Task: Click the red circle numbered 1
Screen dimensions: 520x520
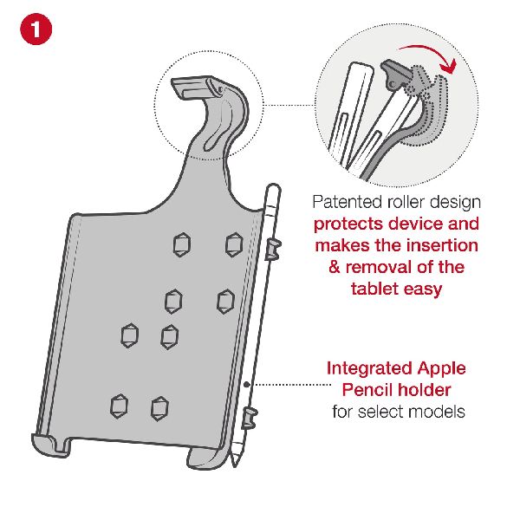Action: [36, 29]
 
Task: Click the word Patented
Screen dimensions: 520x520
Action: [348, 202]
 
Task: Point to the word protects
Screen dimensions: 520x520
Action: [348, 224]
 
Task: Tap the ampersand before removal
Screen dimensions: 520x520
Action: [335, 267]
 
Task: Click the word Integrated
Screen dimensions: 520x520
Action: [369, 369]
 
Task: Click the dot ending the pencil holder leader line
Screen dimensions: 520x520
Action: [247, 384]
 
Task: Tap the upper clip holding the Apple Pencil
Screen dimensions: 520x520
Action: [273, 249]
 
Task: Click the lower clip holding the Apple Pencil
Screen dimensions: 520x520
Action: [250, 417]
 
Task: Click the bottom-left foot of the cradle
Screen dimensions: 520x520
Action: [51, 445]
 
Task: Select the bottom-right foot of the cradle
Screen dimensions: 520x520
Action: [205, 458]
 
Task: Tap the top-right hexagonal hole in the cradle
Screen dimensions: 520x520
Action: [234, 244]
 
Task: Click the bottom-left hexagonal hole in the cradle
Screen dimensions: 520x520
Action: [119, 406]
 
